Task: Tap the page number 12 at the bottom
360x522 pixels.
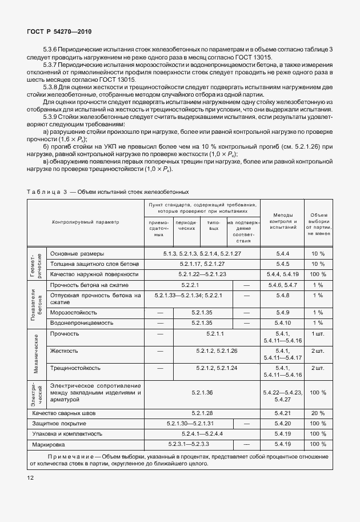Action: click(30, 476)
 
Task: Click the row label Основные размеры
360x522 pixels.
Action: click(77, 253)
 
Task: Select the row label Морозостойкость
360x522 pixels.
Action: click(73, 313)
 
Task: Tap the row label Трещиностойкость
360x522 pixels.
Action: click(75, 368)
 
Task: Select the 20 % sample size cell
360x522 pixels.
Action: click(318, 413)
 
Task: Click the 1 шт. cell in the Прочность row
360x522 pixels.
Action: click(318, 333)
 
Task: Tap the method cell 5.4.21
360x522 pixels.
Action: click(282, 413)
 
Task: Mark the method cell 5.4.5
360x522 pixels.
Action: click(282, 264)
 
